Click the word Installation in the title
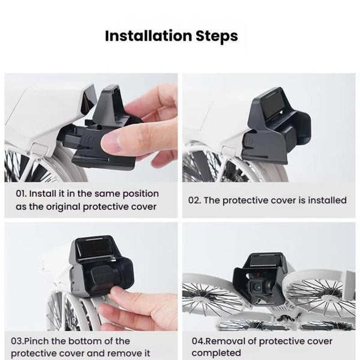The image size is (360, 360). coord(145,35)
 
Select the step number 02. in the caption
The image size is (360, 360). coord(196,200)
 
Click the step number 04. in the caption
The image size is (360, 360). coord(198,341)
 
